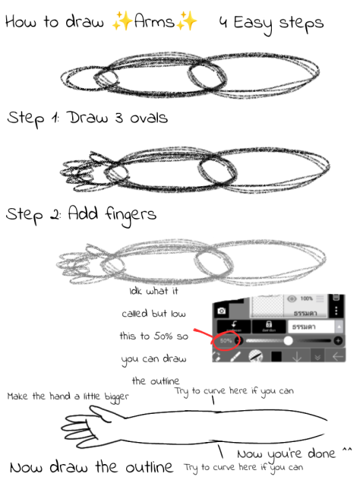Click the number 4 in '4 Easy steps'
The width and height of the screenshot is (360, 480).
click(223, 23)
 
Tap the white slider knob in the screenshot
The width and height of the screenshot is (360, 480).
click(288, 340)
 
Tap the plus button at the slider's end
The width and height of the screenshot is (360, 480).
click(338, 340)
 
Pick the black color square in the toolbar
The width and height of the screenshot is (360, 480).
click(276, 356)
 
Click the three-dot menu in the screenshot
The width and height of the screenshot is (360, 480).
click(337, 310)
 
